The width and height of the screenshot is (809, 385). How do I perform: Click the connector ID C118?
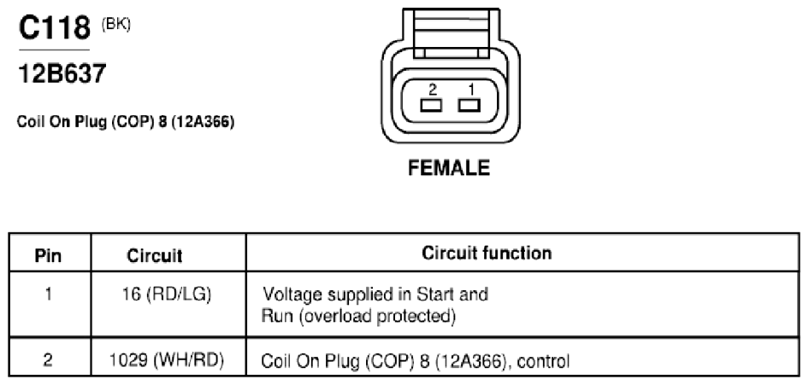(x=54, y=28)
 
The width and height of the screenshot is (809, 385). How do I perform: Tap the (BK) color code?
(x=116, y=25)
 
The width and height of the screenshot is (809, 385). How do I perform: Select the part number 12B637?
(x=62, y=73)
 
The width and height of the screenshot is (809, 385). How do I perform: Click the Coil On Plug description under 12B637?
(x=126, y=122)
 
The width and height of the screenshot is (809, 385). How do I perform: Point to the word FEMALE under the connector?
(x=449, y=168)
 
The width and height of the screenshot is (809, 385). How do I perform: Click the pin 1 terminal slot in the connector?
(x=469, y=106)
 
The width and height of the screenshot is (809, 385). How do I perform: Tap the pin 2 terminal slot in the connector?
(x=431, y=106)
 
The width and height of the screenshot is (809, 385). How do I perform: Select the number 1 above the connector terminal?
(x=471, y=90)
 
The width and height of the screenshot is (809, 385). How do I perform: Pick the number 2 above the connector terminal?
(x=433, y=90)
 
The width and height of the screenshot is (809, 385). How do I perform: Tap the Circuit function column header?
(x=487, y=253)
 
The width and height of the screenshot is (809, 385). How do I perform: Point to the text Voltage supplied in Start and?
(x=375, y=295)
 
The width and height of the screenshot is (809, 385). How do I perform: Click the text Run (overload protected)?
(x=358, y=316)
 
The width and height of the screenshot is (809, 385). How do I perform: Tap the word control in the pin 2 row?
(x=543, y=361)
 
